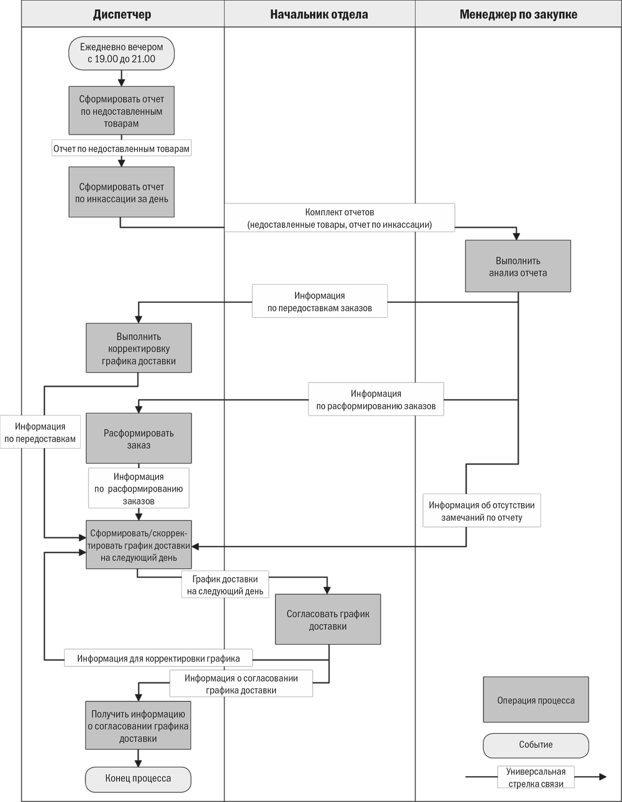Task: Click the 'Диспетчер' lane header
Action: click(x=122, y=14)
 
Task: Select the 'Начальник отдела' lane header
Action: click(x=319, y=14)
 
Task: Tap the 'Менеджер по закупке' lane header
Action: click(x=518, y=14)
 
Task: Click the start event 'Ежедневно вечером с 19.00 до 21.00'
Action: click(x=121, y=53)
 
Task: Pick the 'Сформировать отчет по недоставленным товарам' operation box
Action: click(x=121, y=111)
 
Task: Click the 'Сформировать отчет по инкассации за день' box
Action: click(x=121, y=192)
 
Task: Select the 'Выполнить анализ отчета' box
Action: click(x=518, y=266)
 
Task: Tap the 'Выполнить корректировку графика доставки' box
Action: click(x=139, y=348)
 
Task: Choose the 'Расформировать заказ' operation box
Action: click(x=139, y=438)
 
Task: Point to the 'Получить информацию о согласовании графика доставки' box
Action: click(x=138, y=725)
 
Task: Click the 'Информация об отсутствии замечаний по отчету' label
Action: click(x=482, y=511)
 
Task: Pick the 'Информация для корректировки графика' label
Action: click(x=158, y=658)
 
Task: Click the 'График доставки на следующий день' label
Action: click(x=225, y=585)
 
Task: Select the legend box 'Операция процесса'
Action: click(x=536, y=700)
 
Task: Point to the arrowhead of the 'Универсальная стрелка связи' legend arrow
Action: click(x=603, y=777)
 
